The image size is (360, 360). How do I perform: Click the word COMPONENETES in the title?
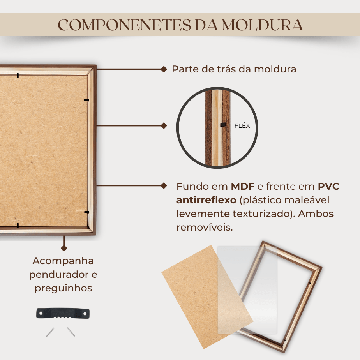tap(124, 25)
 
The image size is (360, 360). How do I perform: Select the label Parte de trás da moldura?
tap(234, 69)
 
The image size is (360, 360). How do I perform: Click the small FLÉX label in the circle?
tap(242, 125)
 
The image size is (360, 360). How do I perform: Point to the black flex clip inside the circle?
tap(223, 125)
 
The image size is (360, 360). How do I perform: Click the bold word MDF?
tap(242, 186)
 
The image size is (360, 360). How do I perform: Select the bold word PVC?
tap(328, 186)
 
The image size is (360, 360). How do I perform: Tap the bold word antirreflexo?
tap(206, 200)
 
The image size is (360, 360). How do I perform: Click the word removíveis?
tap(205, 228)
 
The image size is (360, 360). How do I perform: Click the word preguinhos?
tap(64, 288)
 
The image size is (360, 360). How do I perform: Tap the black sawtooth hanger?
tap(63, 313)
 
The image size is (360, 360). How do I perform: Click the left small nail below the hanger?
tap(50, 332)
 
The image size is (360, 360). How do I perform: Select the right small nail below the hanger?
tap(71, 332)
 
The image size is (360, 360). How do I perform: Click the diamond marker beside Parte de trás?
tap(164, 69)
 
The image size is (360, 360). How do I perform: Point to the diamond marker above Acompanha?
tap(64, 248)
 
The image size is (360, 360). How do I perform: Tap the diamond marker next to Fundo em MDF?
tap(164, 185)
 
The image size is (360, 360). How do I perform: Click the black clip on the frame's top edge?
tap(18, 76)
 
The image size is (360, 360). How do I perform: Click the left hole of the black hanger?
tap(41, 313)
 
